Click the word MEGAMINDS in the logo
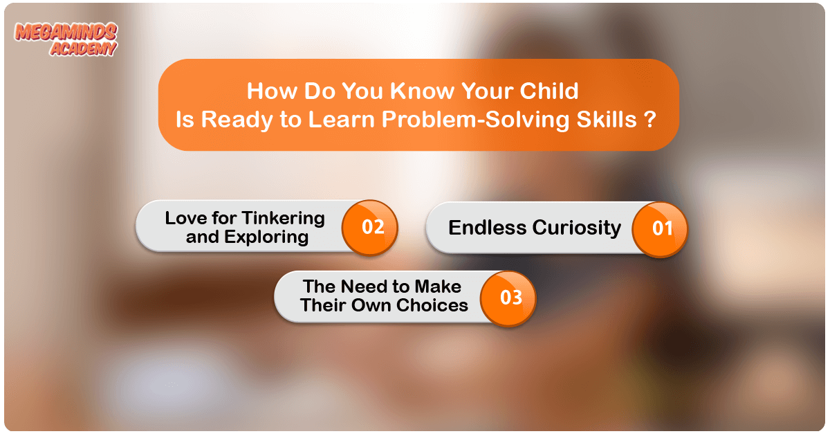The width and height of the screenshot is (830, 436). tap(66, 32)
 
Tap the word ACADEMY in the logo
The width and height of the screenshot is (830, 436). tap(84, 48)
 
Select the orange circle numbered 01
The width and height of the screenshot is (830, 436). tap(660, 229)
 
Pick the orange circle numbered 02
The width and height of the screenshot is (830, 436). tap(370, 228)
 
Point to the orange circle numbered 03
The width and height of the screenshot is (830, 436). tap(508, 298)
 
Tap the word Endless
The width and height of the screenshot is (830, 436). tap(487, 227)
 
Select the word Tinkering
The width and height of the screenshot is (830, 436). tap(284, 219)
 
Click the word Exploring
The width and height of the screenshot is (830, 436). tap(266, 237)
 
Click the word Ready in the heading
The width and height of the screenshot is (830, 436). tap(237, 120)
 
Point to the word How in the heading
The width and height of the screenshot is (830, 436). tap(272, 91)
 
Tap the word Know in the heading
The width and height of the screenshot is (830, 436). tap(422, 91)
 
